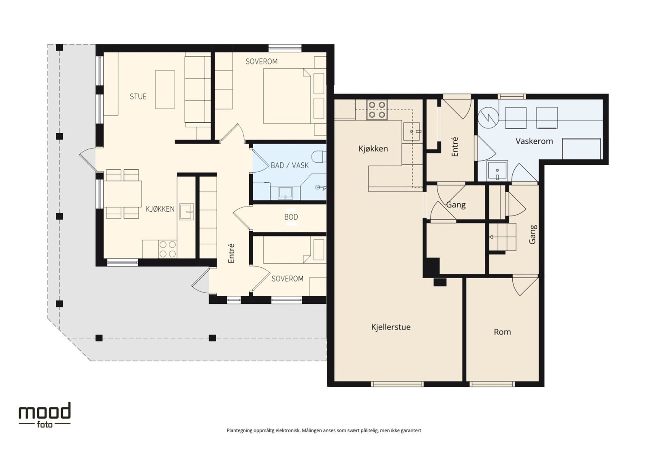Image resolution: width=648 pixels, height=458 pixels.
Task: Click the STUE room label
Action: pyautogui.click(x=138, y=96)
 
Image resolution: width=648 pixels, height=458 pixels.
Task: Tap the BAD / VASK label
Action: pyautogui.click(x=290, y=165)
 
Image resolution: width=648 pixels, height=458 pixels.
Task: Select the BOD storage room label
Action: pyautogui.click(x=291, y=217)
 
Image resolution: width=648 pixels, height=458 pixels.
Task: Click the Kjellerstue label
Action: pyautogui.click(x=391, y=327)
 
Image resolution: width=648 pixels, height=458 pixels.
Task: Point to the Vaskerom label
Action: pyautogui.click(x=534, y=141)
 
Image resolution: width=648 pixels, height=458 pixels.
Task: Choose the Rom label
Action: pyautogui.click(x=502, y=332)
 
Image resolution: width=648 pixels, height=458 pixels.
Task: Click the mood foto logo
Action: pyautogui.click(x=45, y=415)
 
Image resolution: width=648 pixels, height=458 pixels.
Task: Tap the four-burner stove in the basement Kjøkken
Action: pyautogui.click(x=377, y=110)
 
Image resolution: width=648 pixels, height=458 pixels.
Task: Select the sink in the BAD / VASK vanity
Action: pyautogui.click(x=285, y=193)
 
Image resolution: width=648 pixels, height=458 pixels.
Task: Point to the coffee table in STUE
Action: pyautogui.click(x=165, y=89)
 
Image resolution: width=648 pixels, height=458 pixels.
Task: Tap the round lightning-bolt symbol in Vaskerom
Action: pyautogui.click(x=488, y=118)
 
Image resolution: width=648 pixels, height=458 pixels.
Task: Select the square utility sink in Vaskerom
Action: pyautogui.click(x=497, y=171)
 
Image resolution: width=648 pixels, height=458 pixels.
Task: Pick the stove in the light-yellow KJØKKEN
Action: pyautogui.click(x=168, y=249)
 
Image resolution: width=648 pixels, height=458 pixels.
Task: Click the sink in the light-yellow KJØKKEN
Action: pyautogui.click(x=187, y=212)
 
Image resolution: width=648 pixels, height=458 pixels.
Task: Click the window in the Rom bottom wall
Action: pyautogui.click(x=492, y=384)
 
